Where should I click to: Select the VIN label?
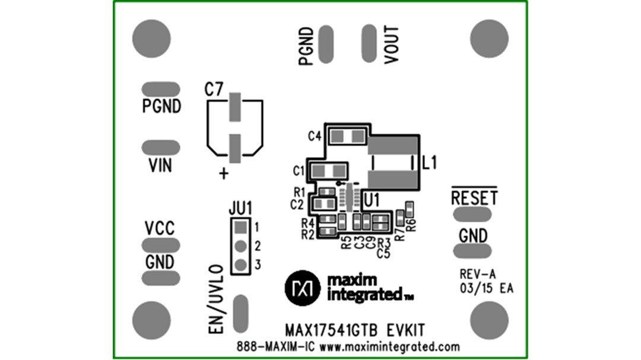(160, 165)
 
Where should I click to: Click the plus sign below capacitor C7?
(224, 174)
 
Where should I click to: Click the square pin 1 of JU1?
(240, 227)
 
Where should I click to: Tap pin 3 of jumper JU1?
(240, 265)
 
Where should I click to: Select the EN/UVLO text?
(217, 300)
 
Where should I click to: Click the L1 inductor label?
(429, 163)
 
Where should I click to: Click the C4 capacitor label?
(315, 136)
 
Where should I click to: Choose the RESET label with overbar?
(474, 197)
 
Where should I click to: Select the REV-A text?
(477, 274)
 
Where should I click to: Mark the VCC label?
(160, 228)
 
